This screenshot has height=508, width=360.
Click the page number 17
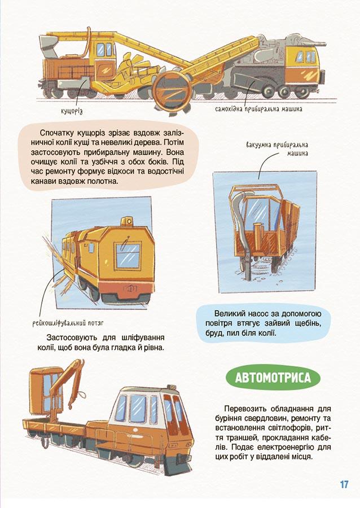344,484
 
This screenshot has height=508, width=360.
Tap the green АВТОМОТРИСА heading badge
273,378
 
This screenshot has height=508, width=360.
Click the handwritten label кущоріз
72,111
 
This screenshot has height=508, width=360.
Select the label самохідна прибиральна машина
258,109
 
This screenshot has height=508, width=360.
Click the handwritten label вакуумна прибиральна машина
277,148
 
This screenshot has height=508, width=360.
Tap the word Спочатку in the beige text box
56,133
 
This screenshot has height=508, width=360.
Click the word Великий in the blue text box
229,313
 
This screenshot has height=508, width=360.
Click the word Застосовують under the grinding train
72,338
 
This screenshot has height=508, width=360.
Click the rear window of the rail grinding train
128,256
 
